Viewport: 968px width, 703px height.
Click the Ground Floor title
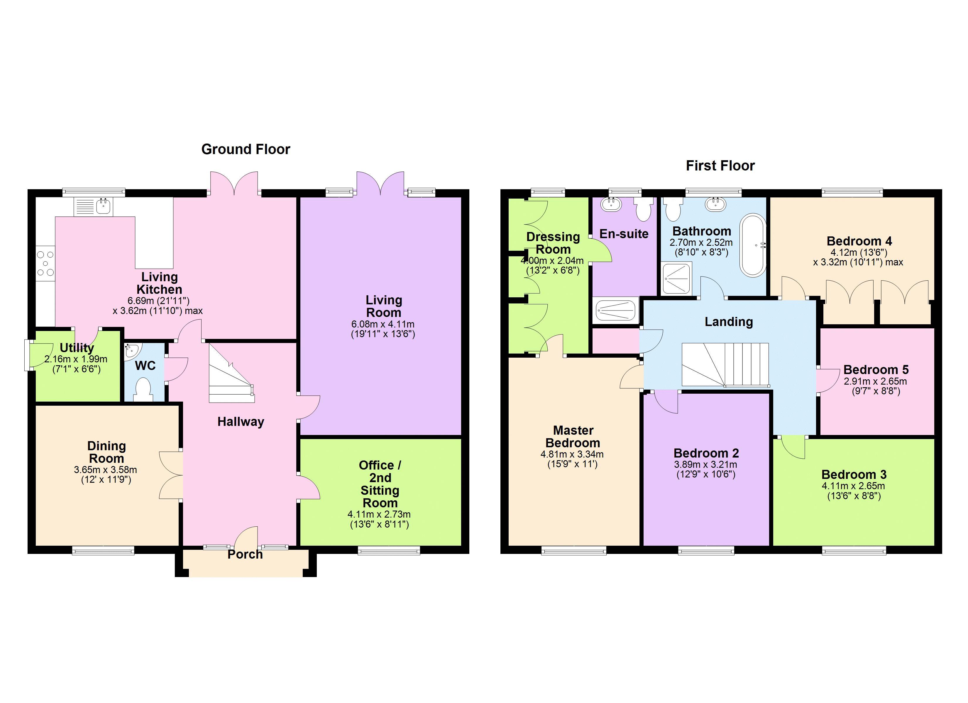tap(246, 149)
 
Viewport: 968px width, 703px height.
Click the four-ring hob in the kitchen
tap(45, 263)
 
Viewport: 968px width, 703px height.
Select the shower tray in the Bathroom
tap(676, 278)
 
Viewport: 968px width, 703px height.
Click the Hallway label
tap(241, 422)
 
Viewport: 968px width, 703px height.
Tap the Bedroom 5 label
tap(876, 370)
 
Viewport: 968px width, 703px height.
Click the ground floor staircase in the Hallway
tap(231, 375)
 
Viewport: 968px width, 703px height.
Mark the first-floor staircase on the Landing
tap(725, 364)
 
